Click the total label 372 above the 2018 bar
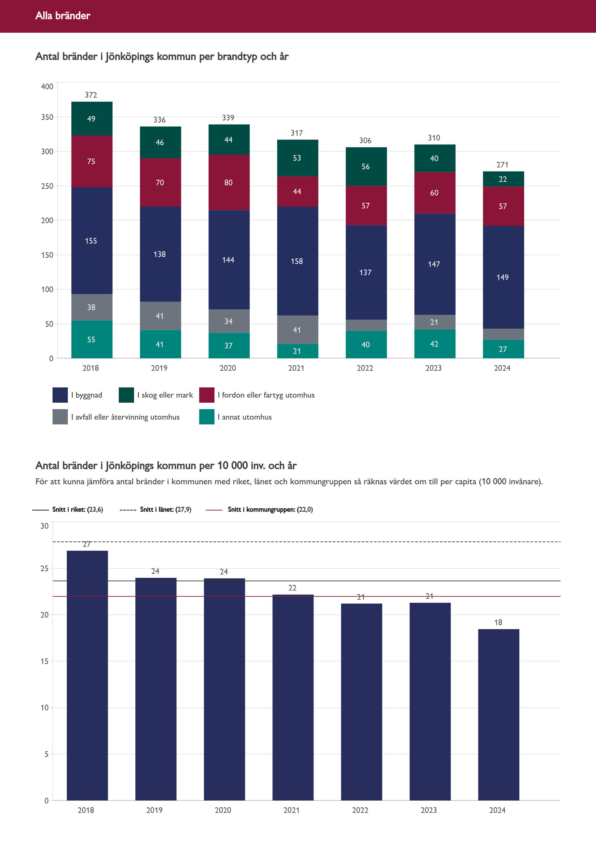tap(91, 95)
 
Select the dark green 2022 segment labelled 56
tap(366, 167)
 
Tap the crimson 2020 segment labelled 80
tap(228, 182)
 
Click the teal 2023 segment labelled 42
tap(434, 344)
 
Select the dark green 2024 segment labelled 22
tap(503, 179)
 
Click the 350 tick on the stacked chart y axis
tap(47, 117)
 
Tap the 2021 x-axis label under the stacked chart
tap(296, 368)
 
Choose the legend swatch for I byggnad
tap(60, 395)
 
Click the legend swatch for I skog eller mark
tap(126, 395)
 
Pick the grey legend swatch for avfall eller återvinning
tap(60, 417)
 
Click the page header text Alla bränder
tap(63, 16)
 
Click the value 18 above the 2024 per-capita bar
tap(498, 622)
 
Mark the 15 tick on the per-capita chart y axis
tap(45, 661)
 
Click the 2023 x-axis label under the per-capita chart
tap(429, 810)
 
